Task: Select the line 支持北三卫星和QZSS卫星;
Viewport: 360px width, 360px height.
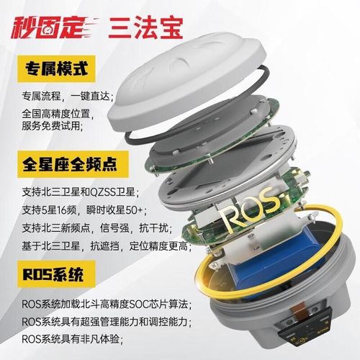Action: pos(79,192)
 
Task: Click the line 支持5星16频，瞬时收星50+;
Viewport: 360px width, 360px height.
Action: pos(83,210)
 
